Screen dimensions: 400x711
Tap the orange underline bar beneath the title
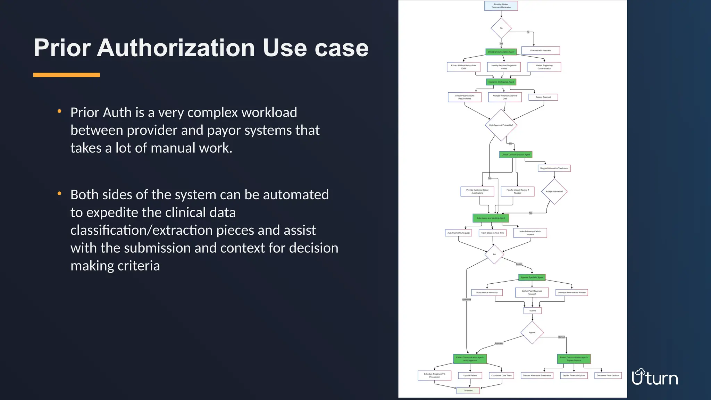pos(66,75)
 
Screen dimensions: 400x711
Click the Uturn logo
pos(655,377)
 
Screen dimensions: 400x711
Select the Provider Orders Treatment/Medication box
pos(501,6)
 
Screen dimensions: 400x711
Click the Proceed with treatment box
pos(541,50)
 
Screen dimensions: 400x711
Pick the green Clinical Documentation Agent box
pos(501,52)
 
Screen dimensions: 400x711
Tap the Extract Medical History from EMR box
pos(463,67)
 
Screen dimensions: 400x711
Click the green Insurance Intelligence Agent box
pos(501,82)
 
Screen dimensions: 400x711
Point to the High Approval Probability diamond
pos(501,125)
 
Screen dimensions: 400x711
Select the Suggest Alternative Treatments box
pos(554,168)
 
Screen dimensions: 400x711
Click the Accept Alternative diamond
pos(554,191)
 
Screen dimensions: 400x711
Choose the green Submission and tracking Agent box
pos(491,218)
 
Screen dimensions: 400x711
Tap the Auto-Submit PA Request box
pos(458,233)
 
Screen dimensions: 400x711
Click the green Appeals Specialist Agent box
pos(532,277)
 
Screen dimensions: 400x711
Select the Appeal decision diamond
pos(532,332)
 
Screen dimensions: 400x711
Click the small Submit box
pos(532,310)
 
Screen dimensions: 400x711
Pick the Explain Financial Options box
pos(574,375)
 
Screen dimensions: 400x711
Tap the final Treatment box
pos(468,391)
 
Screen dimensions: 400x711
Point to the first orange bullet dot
pos(59,111)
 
